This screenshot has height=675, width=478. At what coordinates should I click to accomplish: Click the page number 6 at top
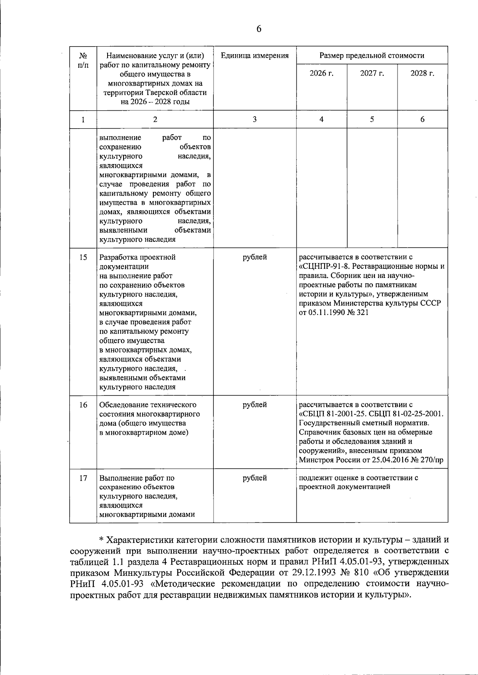tap(259, 29)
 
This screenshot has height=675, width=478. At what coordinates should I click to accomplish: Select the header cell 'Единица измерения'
tap(255, 56)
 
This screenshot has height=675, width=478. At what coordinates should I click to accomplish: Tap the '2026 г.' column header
tap(321, 73)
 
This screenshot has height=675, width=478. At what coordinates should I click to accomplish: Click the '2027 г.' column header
tap(372, 73)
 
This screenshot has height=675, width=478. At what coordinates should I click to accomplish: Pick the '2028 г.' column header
tap(422, 73)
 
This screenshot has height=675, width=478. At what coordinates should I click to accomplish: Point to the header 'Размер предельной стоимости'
tap(372, 56)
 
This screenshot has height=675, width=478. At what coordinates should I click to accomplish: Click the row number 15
tap(83, 257)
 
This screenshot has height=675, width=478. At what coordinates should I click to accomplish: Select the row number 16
tap(83, 405)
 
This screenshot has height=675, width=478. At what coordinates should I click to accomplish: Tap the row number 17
tap(83, 478)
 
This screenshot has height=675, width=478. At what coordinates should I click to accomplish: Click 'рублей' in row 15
tap(255, 257)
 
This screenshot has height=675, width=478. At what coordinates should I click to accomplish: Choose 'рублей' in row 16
tap(255, 405)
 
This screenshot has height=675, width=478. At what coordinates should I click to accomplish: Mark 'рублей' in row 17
tap(255, 478)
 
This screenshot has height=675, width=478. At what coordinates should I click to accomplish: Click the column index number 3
tap(255, 119)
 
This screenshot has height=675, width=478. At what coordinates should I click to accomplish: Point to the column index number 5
tap(372, 119)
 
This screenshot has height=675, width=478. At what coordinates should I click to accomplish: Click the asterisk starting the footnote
tap(101, 540)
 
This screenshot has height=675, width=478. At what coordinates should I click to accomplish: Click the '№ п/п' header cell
tap(83, 60)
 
